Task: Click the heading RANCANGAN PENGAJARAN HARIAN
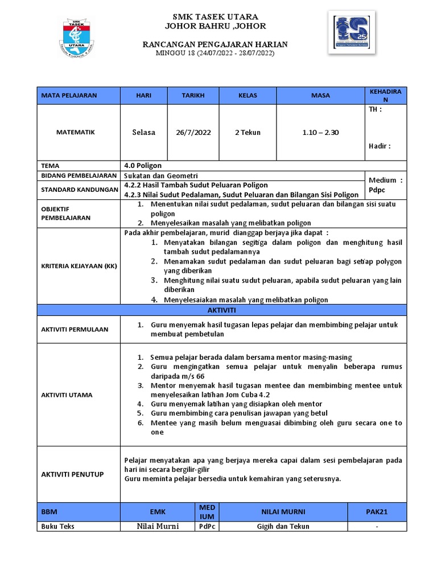point(215,44)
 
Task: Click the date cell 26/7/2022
point(193,132)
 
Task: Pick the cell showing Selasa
point(143,132)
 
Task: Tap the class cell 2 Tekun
point(248,132)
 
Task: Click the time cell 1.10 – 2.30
point(320,132)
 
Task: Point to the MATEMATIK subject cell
point(76,132)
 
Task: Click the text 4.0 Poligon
point(143,166)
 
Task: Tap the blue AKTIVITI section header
point(222,310)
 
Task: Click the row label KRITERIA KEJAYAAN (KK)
point(79,266)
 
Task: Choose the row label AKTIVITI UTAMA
point(67,395)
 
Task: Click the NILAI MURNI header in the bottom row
point(282,512)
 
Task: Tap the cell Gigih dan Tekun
point(282,527)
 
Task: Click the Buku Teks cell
point(58,527)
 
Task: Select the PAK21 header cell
point(376,512)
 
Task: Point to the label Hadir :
point(380,146)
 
